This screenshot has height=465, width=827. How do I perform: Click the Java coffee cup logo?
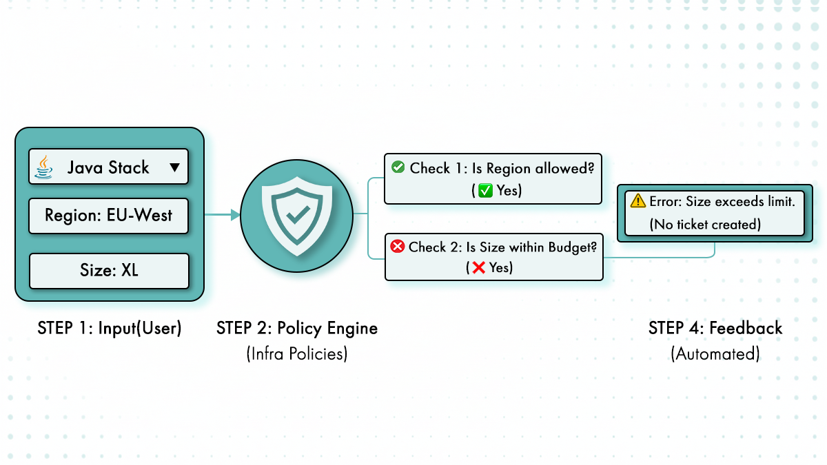click(45, 166)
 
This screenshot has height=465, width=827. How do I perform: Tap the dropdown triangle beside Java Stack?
click(174, 167)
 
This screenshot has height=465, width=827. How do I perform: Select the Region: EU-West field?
click(108, 216)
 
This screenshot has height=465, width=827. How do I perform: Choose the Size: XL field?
click(109, 270)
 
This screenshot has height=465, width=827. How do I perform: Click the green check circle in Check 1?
click(398, 167)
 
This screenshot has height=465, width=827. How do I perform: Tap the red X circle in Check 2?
click(398, 247)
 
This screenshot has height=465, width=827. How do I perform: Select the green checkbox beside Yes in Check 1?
click(485, 191)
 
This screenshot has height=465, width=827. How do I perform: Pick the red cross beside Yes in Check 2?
click(478, 268)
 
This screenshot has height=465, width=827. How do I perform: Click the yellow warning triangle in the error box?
click(638, 202)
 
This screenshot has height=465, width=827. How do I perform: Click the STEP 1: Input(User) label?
click(110, 329)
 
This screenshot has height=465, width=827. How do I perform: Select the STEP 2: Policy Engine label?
click(297, 328)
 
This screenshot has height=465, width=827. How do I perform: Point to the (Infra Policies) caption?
click(297, 354)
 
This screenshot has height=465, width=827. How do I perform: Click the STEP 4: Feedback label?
click(715, 328)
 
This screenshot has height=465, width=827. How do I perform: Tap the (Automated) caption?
click(715, 354)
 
